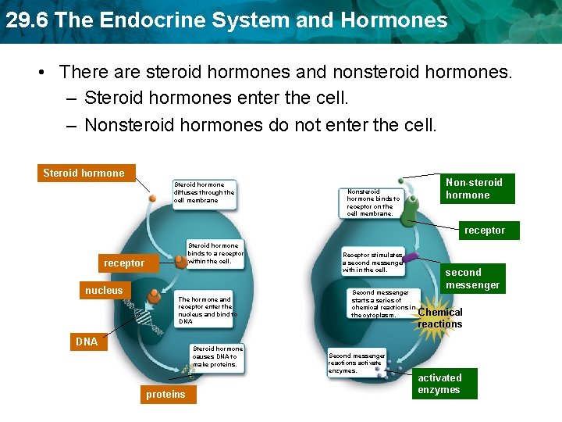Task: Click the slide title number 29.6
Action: click(x=27, y=20)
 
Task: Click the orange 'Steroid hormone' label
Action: click(x=84, y=173)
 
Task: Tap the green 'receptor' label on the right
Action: click(x=485, y=231)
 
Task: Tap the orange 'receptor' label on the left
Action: click(x=124, y=263)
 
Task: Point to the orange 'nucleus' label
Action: click(x=104, y=291)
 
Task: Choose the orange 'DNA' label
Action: click(x=87, y=342)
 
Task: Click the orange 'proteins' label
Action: click(x=165, y=395)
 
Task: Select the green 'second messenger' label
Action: click(x=472, y=278)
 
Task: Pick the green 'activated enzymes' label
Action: click(x=443, y=384)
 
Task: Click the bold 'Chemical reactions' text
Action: click(x=440, y=318)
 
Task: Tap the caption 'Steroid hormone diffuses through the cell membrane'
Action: click(x=204, y=193)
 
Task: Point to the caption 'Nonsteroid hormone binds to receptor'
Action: click(x=373, y=202)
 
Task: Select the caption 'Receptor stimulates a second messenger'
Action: click(x=373, y=262)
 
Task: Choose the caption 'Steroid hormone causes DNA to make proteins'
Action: click(x=218, y=356)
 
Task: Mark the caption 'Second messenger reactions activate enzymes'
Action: click(x=357, y=363)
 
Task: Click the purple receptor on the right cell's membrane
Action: click(x=410, y=258)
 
